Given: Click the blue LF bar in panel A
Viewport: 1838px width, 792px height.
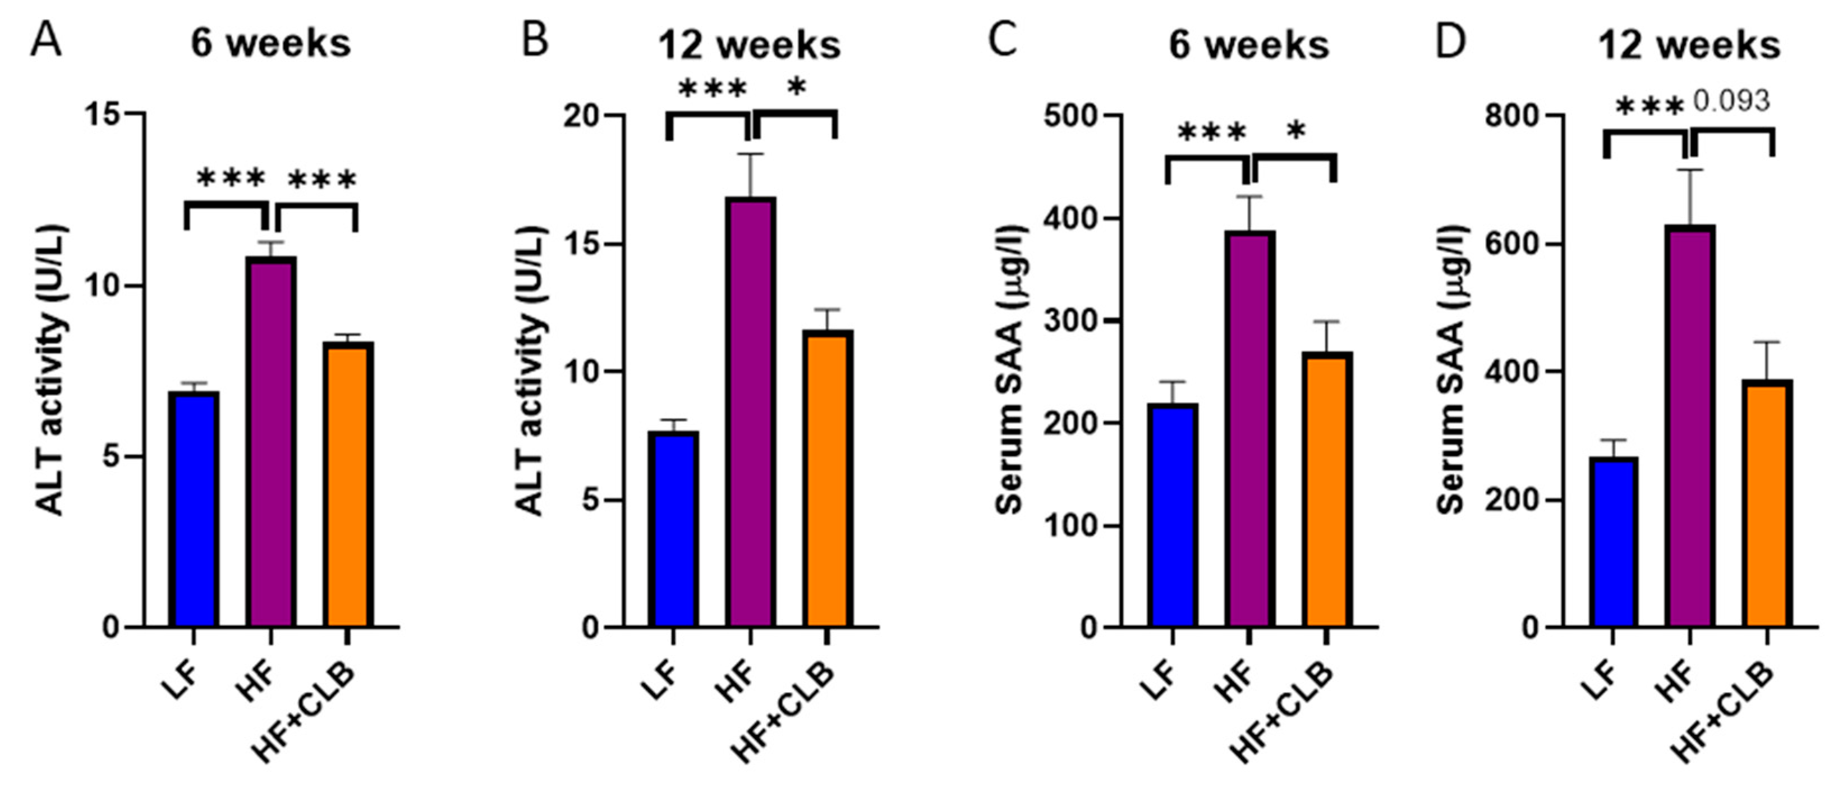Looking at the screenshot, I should pos(194,510).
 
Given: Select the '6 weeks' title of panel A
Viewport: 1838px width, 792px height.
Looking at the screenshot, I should pos(270,44).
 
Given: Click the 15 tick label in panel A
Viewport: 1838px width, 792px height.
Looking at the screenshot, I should pos(102,114).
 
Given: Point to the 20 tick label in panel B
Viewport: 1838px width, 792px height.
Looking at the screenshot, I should pos(581,116).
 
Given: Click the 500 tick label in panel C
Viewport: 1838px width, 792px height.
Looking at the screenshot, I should pos(1070,116).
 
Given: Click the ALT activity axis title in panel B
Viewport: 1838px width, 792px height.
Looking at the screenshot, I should pos(530,371).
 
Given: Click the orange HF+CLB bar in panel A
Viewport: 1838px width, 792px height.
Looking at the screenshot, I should pos(349,485).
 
